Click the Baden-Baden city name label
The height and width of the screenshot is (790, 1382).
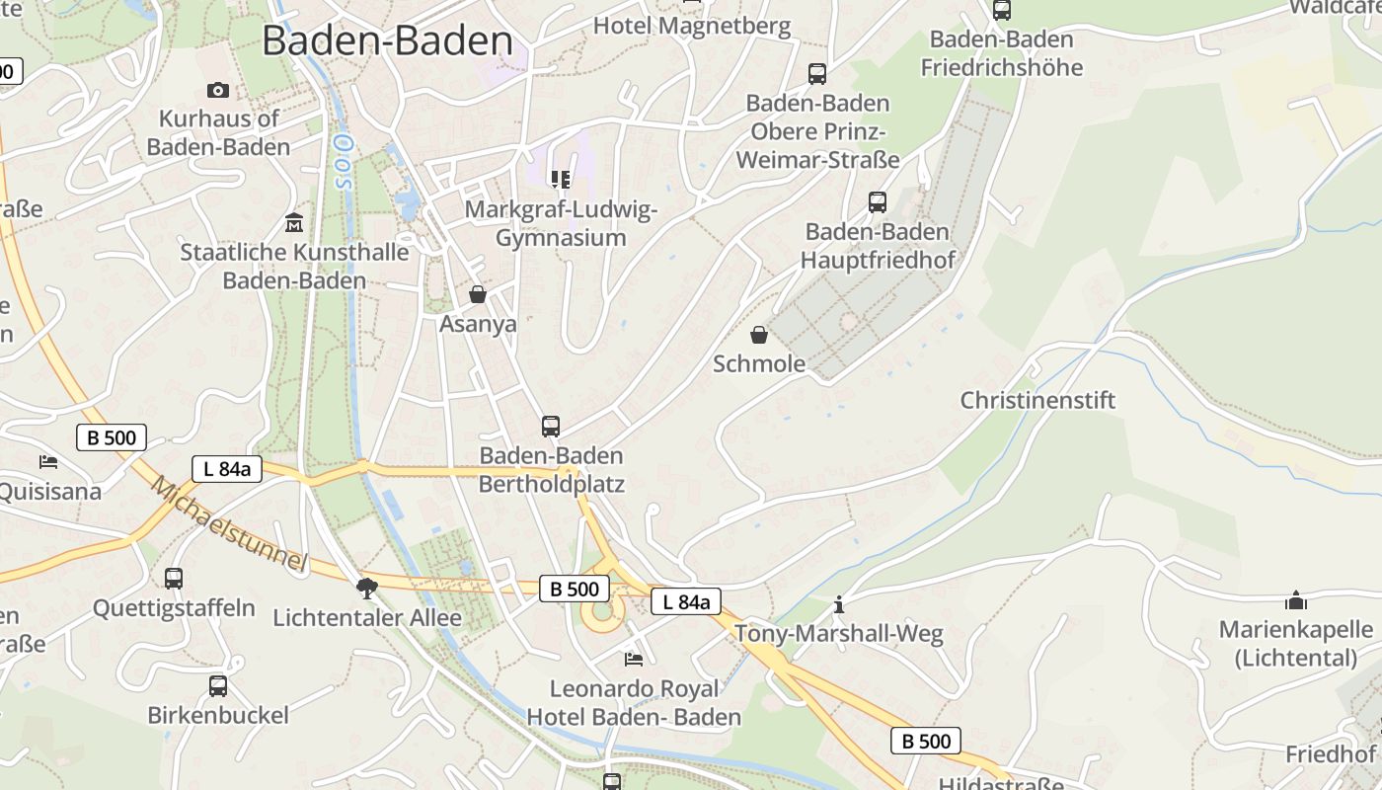coord(387,40)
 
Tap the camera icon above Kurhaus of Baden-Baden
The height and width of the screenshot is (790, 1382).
coord(218,90)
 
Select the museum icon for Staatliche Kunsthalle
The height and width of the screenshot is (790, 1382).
coord(294,222)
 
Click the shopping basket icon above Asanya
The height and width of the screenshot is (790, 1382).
coord(478,294)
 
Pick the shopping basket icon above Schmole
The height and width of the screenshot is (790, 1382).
coord(758,335)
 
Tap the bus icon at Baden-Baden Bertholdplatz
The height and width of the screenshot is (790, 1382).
coord(551,427)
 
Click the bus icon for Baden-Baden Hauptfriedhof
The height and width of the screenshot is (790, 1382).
coord(877,202)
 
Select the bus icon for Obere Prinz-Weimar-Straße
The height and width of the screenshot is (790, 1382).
coord(817,74)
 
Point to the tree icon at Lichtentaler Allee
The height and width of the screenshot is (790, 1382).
coord(367,590)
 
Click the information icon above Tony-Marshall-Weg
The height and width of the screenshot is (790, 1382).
coord(839,603)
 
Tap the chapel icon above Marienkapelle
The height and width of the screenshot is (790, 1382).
coord(1295,600)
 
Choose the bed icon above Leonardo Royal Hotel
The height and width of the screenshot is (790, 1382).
coord(634,659)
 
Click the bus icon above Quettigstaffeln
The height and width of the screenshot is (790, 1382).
coord(174,579)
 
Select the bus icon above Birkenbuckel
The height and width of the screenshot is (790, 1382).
coord(218,685)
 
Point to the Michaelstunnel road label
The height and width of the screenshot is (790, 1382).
coord(229,524)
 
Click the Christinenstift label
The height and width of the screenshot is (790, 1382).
coord(1037,400)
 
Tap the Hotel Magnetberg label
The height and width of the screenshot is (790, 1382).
coord(692,26)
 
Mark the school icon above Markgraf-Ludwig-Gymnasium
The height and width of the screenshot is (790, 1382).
coord(561,180)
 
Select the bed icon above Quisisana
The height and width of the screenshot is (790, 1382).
coord(48,461)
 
